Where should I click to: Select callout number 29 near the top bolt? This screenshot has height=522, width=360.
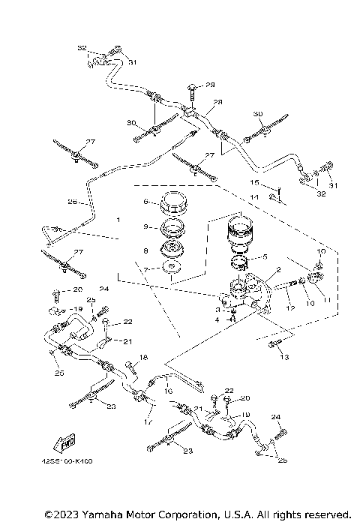click(x=210, y=85)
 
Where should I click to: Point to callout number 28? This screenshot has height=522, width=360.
click(x=217, y=102)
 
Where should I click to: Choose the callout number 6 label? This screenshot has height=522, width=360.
click(x=147, y=201)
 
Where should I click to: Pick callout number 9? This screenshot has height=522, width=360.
click(x=147, y=225)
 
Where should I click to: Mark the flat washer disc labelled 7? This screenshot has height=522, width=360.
click(x=171, y=268)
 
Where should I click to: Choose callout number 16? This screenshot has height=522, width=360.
click(x=169, y=391)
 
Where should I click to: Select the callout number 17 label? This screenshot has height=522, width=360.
click(x=148, y=421)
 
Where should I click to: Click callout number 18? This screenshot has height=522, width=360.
click(x=144, y=357)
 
